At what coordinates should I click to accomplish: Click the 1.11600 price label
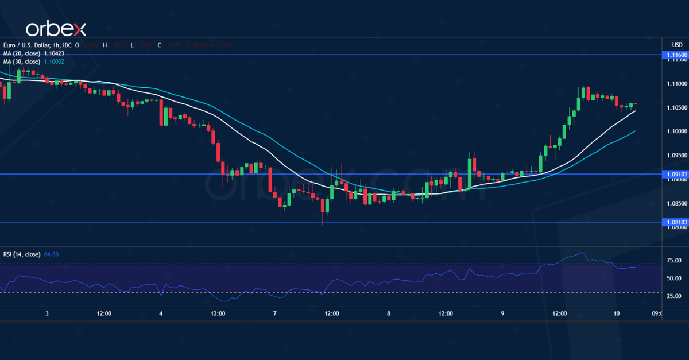pyautogui.click(x=674, y=55)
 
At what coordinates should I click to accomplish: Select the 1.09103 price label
pyautogui.click(x=674, y=174)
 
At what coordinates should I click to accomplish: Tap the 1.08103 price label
pyautogui.click(x=674, y=222)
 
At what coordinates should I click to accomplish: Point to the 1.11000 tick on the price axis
pyautogui.click(x=674, y=84)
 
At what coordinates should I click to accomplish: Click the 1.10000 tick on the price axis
pyautogui.click(x=674, y=131)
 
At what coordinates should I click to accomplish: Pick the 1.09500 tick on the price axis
pyautogui.click(x=674, y=155)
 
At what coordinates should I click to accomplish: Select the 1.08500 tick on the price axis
pyautogui.click(x=674, y=203)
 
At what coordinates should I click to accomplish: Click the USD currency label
pyautogui.click(x=677, y=45)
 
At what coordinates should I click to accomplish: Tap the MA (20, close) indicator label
pyautogui.click(x=22, y=53)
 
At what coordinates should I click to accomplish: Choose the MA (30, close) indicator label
pyautogui.click(x=22, y=61)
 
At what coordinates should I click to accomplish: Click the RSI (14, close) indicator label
pyautogui.click(x=22, y=254)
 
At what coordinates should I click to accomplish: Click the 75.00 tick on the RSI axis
pyautogui.click(x=674, y=260)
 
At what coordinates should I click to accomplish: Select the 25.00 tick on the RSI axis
pyautogui.click(x=674, y=296)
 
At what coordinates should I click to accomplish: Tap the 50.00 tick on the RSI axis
pyautogui.click(x=674, y=278)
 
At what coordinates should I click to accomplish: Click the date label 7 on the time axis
pyautogui.click(x=275, y=314)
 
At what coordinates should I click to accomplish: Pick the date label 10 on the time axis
pyautogui.click(x=616, y=314)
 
